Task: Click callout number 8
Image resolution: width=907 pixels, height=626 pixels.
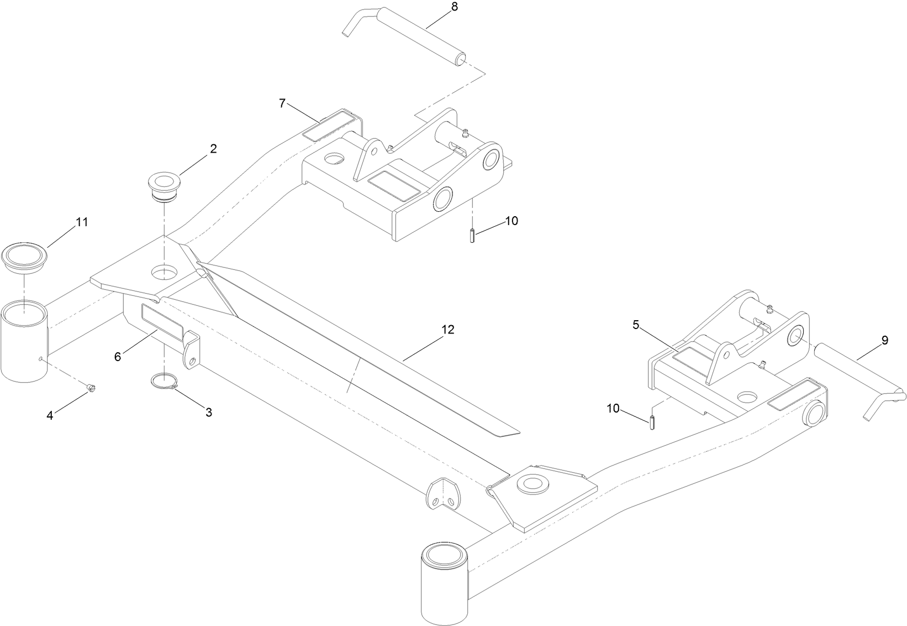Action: pos(454,8)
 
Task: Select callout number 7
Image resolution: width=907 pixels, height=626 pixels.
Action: pos(282,103)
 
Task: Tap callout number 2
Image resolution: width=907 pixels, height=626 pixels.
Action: pos(213,148)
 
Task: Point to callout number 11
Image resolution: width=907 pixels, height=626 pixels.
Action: pos(82,222)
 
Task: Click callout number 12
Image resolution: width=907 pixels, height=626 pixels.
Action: pos(447,330)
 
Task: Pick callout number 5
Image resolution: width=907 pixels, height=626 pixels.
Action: pos(636,325)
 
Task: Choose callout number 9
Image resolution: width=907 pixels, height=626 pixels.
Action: pos(884,341)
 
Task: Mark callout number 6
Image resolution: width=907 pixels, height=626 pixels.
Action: pos(118,357)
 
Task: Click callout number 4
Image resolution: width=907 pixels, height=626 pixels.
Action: pos(50,415)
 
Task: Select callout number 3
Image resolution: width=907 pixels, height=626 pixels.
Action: pos(209,412)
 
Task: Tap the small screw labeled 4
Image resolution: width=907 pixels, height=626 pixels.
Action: pos(92,389)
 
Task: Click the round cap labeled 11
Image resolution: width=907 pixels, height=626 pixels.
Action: pos(25,257)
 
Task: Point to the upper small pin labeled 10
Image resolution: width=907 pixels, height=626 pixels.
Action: pos(473,235)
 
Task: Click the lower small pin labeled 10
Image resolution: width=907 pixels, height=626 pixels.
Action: pos(652,421)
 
